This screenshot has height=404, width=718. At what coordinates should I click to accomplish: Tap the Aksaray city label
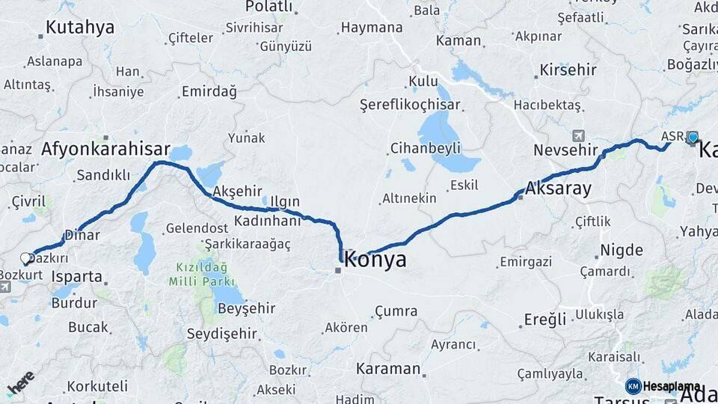coord(559,189)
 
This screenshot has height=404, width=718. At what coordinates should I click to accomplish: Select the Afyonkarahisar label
coord(105,149)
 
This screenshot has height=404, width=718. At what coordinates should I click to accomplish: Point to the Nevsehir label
coord(566,150)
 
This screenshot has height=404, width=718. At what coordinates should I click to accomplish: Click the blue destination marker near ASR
coord(693,137)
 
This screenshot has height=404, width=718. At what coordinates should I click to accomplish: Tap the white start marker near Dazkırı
coord(25,258)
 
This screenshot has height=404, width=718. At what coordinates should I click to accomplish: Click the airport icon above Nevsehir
coord(577,135)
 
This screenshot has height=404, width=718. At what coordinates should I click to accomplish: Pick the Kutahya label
coord(80,28)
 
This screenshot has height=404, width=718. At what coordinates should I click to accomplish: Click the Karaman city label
coord(388,369)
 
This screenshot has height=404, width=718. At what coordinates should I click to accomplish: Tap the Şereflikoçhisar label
coord(410,105)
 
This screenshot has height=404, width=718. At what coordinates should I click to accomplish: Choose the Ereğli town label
coord(545,320)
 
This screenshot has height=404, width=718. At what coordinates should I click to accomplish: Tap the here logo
coord(21,383)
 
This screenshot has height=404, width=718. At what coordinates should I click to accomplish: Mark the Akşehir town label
coord(237,192)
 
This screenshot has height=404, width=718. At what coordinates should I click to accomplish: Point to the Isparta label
coord(77,276)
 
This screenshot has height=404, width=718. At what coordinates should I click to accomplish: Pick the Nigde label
coord(622,250)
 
